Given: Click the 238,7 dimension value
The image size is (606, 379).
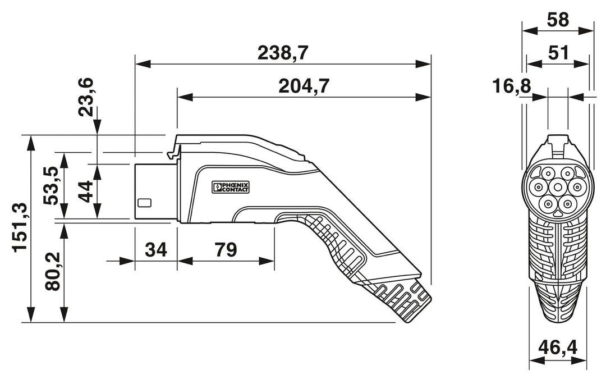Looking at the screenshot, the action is tap(283, 53).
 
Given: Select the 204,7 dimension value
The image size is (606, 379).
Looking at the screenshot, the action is tap(304, 86).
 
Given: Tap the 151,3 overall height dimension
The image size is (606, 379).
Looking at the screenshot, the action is tap(20, 227).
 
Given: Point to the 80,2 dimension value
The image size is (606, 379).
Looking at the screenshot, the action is tap(53, 271).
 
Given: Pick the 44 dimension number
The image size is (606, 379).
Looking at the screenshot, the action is tap(85, 191).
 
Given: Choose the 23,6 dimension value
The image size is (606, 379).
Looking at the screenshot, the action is tap(85, 97).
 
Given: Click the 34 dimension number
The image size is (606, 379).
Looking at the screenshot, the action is tap(156, 250).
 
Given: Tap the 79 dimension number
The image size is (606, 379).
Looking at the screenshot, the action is tap(226, 250).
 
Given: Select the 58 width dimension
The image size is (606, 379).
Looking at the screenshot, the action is tap(558, 20).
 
